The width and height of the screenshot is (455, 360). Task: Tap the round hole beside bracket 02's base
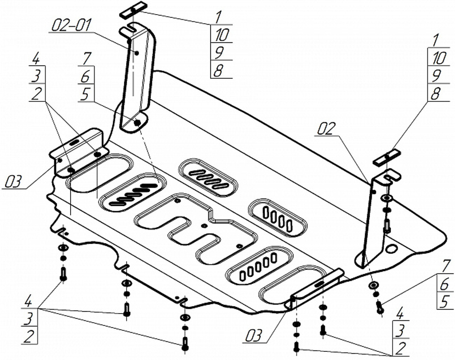point(391,249)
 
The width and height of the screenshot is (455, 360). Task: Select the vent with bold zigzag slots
point(132,194)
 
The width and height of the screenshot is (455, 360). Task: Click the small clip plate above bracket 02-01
point(133,10)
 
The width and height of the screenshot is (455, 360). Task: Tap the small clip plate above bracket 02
point(387,156)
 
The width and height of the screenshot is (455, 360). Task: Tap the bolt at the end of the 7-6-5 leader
point(379,308)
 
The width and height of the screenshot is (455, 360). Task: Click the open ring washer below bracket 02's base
point(373,285)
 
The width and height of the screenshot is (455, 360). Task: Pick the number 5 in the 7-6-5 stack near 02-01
point(85,95)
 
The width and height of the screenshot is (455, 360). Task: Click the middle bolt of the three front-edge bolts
point(127,309)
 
